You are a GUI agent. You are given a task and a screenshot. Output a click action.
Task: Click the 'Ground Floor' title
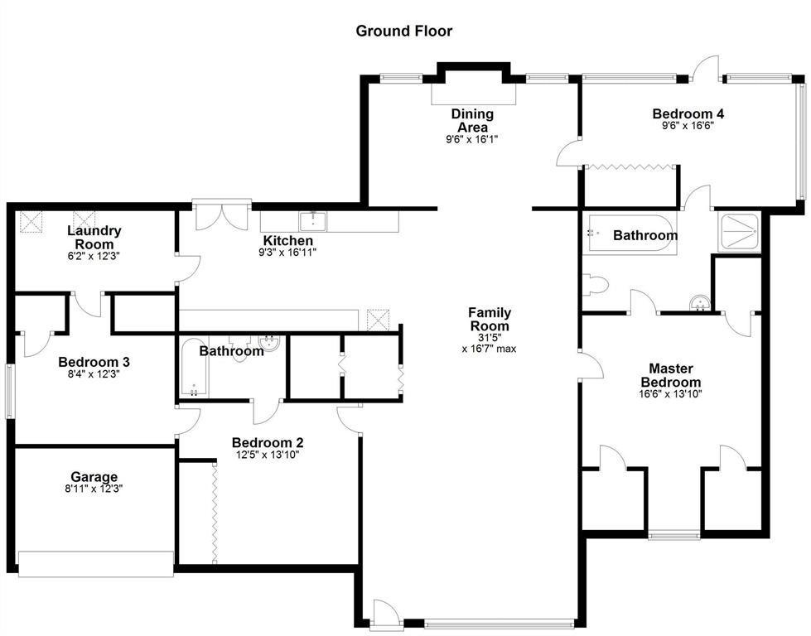point(404,31)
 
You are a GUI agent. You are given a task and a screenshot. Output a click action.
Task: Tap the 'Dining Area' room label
point(472,121)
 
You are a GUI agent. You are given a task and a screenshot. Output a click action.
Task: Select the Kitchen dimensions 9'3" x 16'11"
point(287,253)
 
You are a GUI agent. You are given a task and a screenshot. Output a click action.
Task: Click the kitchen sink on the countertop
point(313,220)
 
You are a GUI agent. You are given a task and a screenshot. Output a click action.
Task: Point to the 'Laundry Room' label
point(94,238)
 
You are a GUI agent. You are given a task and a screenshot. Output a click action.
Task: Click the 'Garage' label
point(94,477)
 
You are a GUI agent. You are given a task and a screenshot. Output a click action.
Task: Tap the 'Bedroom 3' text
point(94,362)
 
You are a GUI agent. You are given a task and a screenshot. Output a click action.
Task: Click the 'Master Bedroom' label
point(671,375)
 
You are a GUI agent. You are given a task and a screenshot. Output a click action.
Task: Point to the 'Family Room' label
point(489,320)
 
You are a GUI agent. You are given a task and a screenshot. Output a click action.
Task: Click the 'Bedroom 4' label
point(688,113)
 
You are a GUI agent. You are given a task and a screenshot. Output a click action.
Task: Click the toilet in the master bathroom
point(596,286)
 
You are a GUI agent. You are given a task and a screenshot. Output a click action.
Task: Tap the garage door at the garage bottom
point(95,564)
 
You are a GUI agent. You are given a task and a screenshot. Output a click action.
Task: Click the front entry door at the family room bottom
point(383,614)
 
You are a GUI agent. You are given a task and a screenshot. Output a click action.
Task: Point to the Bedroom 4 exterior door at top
point(707,70)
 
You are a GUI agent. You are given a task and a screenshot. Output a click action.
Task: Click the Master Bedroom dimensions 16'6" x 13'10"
point(671,395)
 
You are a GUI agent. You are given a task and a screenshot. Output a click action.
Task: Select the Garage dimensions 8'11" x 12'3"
point(94,489)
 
